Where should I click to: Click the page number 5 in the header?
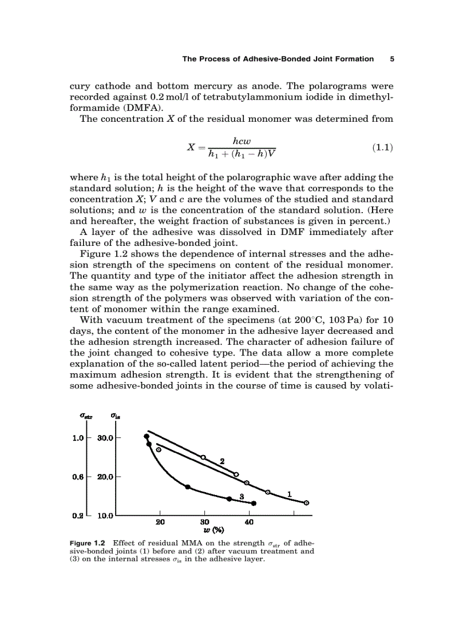[391, 58]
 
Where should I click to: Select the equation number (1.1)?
[382, 147]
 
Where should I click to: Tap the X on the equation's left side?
[192, 147]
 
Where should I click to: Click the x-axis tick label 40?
[249, 522]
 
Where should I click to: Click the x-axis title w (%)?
[204, 529]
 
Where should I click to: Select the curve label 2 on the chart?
[221, 461]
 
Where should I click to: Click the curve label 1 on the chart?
[290, 493]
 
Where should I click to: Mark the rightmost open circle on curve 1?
[306, 503]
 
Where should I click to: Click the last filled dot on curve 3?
[254, 503]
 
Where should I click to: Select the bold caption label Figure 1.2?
[88, 543]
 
